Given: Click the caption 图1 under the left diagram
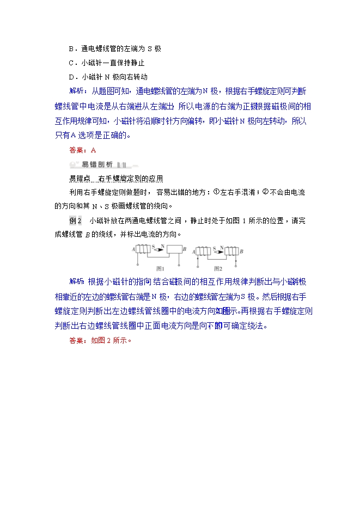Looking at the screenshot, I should tap(160, 268).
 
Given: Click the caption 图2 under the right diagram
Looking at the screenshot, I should tap(218, 268).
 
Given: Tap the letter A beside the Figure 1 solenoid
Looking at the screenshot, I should tap(133, 249).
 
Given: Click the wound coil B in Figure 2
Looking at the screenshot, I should tap(231, 250).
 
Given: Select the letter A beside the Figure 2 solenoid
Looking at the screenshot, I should tap(192, 250).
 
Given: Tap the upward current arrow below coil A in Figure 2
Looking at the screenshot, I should tap(197, 262).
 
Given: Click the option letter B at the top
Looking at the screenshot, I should tap(71, 48).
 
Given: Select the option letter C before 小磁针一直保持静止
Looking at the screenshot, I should tap(71, 63).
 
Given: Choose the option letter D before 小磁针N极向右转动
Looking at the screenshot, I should tap(71, 77).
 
